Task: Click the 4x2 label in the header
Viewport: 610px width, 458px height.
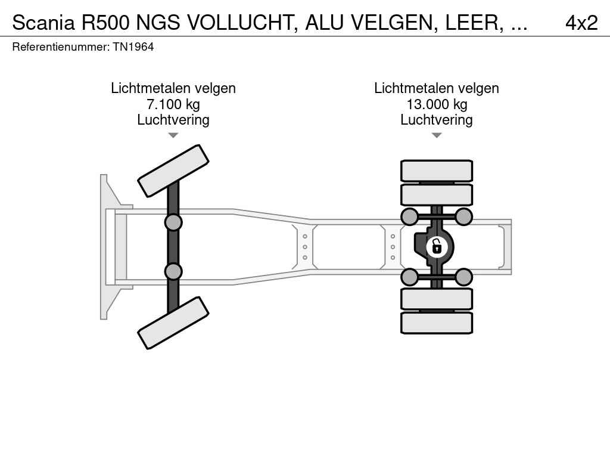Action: tap(581, 23)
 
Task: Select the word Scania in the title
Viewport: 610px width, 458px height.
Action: tap(43, 23)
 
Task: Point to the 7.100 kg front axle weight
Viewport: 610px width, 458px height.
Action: tap(173, 104)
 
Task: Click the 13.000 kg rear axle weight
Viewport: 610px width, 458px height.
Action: tap(437, 104)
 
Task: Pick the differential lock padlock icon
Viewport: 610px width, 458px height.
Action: tap(437, 246)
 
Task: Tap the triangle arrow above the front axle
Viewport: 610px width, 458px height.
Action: tap(173, 135)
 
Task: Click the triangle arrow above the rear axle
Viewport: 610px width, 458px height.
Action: tap(437, 135)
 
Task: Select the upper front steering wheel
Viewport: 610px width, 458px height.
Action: tap(173, 171)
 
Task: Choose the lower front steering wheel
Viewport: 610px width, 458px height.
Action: tap(173, 323)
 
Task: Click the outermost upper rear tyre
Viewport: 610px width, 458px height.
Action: tap(437, 171)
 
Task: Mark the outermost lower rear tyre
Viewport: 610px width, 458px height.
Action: tap(437, 323)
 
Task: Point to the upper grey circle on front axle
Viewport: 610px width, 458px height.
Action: tap(173, 222)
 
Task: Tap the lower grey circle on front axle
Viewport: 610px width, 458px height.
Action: tap(173, 271)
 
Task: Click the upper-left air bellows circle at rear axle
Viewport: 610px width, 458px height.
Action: tap(409, 216)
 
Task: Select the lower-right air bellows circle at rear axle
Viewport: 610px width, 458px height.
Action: tap(464, 277)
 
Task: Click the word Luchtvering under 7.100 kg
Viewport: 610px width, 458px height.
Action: tap(173, 120)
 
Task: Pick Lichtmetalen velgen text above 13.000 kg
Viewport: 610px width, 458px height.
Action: tap(437, 88)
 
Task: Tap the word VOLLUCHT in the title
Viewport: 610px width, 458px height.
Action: tap(244, 23)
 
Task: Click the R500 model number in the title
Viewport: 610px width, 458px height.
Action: tap(105, 23)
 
